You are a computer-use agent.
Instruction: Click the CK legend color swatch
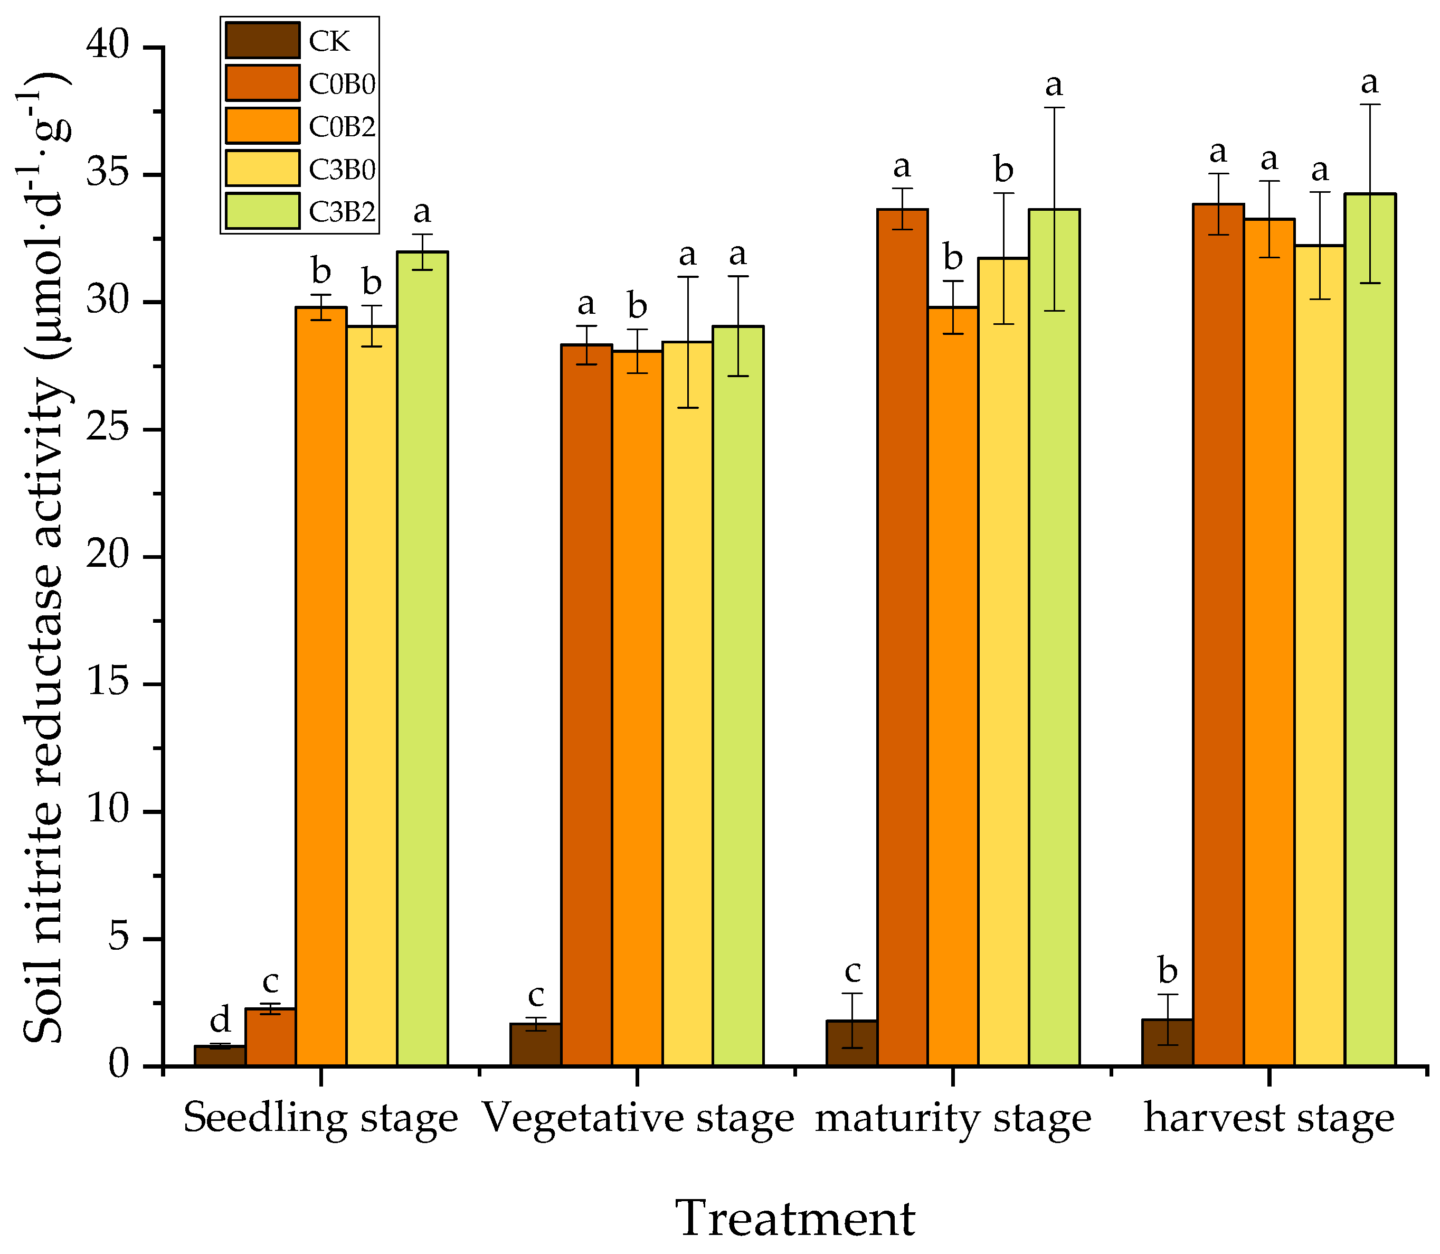[262, 41]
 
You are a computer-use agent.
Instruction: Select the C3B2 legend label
[342, 211]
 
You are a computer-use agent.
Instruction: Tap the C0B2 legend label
[342, 127]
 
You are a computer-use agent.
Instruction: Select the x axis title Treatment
[795, 1218]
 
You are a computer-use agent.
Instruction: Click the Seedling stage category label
[320, 1118]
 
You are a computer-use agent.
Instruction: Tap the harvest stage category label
[1268, 1118]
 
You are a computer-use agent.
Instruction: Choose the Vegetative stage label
[638, 1118]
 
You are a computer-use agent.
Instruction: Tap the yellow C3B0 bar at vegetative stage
[687, 700]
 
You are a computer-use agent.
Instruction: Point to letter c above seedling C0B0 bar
[270, 982]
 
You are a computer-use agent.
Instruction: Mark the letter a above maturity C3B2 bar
[1053, 86]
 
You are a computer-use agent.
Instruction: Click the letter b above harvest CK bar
[1167, 971]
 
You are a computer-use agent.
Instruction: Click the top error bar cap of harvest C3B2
[1369, 104]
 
